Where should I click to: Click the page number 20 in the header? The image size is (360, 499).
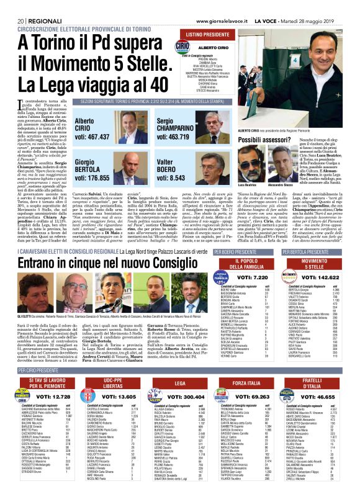20,5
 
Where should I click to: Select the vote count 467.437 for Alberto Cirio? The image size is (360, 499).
92,137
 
